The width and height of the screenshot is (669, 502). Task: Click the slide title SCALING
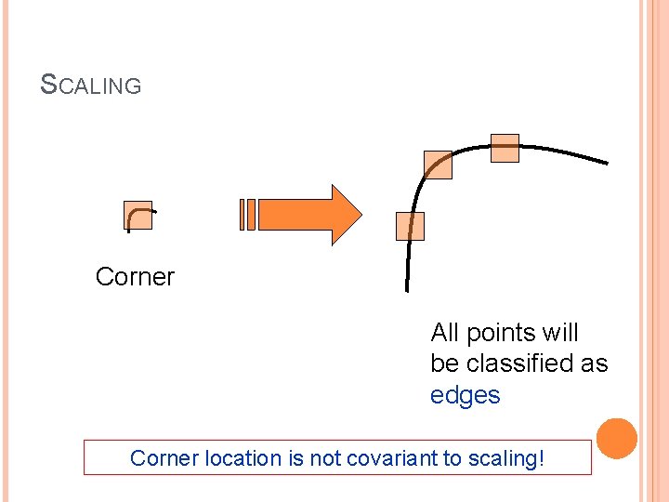click(x=91, y=86)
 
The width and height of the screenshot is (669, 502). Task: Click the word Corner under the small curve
click(x=135, y=277)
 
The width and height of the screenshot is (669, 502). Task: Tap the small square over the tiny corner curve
click(x=138, y=215)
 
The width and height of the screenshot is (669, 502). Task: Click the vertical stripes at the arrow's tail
click(x=247, y=215)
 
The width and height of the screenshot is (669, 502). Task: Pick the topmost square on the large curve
click(x=505, y=148)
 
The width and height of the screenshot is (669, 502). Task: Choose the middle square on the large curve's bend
click(x=438, y=165)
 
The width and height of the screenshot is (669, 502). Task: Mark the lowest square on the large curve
click(x=410, y=226)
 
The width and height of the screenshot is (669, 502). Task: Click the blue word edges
click(x=465, y=395)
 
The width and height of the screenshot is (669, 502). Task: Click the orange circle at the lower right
click(x=617, y=438)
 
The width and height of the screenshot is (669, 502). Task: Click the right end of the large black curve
click(x=606, y=163)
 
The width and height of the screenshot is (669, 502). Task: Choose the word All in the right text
click(x=445, y=333)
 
